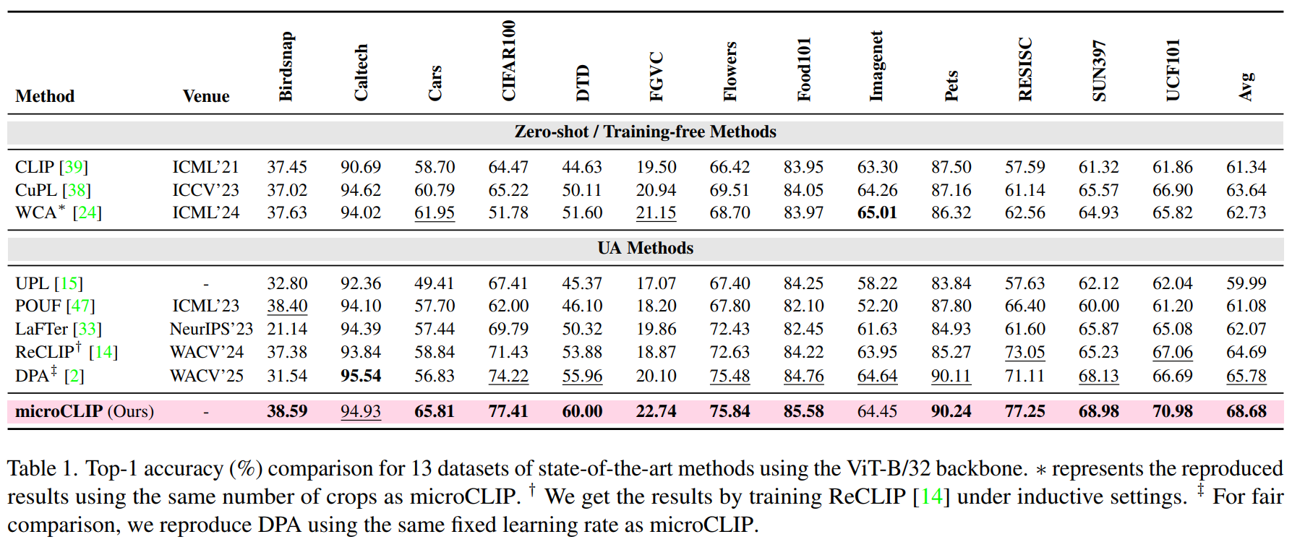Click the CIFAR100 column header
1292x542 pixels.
click(x=509, y=61)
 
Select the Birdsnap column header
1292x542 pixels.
click(x=287, y=66)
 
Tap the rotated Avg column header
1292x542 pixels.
click(x=1246, y=87)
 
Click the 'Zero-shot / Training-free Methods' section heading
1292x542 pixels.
click(x=645, y=132)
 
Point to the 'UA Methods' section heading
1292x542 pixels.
click(x=645, y=248)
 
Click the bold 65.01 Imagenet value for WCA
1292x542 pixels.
click(x=877, y=212)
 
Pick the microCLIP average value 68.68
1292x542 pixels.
click(x=1246, y=411)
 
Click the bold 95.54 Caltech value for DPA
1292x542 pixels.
click(x=361, y=376)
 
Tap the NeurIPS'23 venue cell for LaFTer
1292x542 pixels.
click(x=211, y=329)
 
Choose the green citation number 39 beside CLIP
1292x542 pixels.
click(x=74, y=167)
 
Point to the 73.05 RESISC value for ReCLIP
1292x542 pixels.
click(x=1024, y=352)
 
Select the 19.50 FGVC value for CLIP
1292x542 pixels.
click(x=656, y=167)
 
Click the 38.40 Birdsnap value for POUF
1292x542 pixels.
click(x=287, y=306)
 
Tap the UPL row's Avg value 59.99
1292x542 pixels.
click(x=1246, y=283)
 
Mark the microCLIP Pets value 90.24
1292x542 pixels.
click(x=951, y=411)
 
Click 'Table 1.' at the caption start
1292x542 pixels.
click(x=43, y=469)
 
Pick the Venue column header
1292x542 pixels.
click(x=206, y=96)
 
